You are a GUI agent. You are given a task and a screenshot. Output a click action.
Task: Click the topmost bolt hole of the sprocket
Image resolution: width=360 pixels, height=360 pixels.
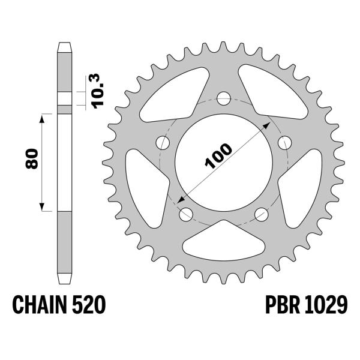point(224,97)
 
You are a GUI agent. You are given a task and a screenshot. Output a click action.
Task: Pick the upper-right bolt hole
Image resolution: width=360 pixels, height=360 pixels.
point(285,142)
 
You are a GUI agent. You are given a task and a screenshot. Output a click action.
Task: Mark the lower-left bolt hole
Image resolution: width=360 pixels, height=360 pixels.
point(185,214)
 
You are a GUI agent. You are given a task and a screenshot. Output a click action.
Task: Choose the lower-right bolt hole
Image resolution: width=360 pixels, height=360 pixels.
point(261,214)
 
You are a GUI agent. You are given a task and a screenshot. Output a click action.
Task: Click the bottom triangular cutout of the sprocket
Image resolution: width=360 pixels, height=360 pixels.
point(223,241)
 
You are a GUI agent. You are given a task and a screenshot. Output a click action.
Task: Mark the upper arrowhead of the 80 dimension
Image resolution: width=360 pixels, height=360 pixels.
point(42,118)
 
